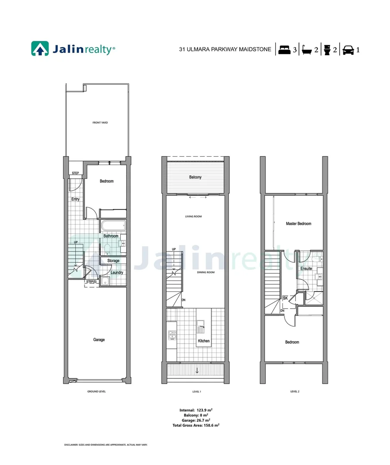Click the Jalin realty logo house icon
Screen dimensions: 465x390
click(40, 49)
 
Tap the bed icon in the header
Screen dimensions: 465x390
click(284, 50)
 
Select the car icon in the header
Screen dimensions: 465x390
click(348, 50)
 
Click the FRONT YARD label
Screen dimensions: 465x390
click(100, 123)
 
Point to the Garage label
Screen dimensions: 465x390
click(99, 340)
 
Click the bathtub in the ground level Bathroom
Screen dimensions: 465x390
click(113, 225)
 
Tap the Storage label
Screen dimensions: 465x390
click(113, 261)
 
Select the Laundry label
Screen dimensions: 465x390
click(117, 272)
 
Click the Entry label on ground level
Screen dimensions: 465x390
click(75, 199)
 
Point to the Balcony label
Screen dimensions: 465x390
click(195, 177)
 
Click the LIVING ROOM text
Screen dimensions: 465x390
click(194, 217)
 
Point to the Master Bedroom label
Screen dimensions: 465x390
click(298, 223)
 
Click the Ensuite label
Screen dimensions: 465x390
click(306, 269)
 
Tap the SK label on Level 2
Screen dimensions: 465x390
click(285, 298)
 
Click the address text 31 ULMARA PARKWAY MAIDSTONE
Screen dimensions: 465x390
click(225, 50)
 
